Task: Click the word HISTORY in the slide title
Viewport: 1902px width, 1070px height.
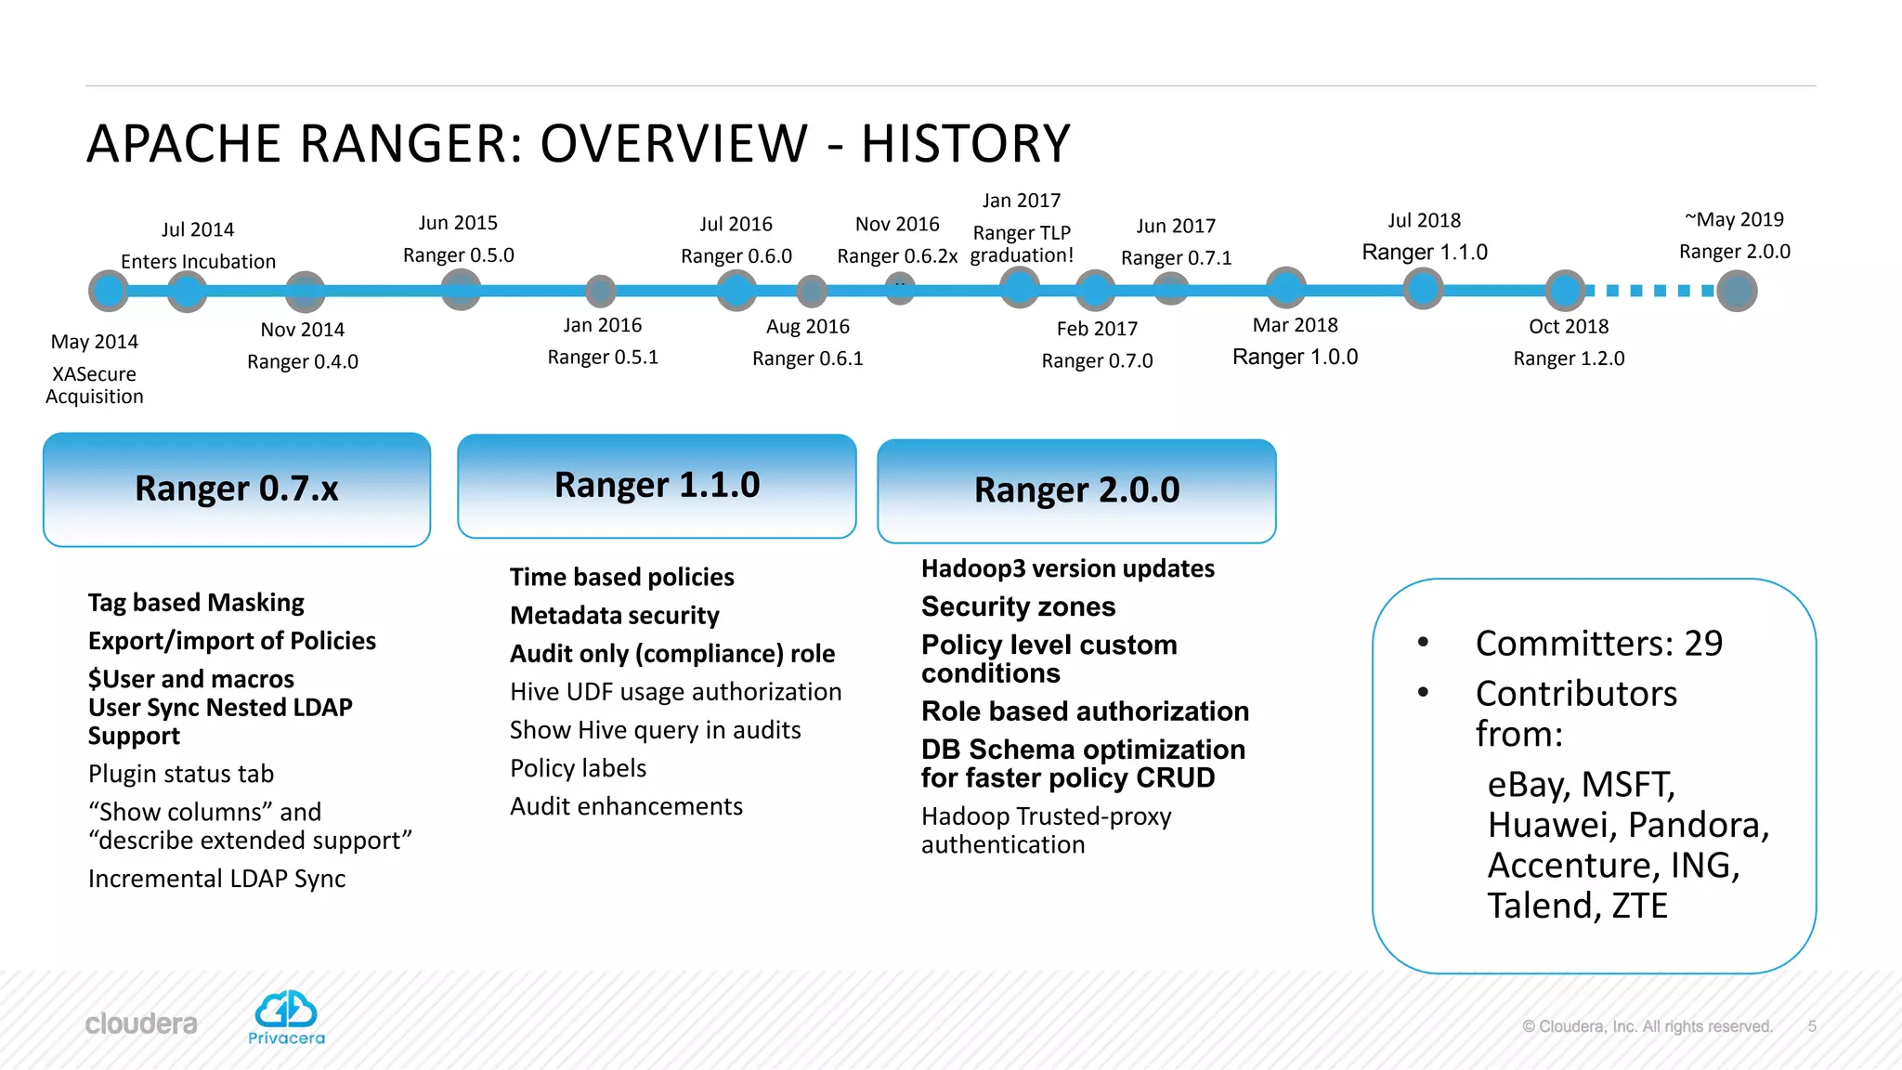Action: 965,144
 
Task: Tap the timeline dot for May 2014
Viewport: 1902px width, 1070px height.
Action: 109,291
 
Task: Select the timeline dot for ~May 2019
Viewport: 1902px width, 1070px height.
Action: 1736,291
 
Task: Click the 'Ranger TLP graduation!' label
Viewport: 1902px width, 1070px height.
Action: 1022,243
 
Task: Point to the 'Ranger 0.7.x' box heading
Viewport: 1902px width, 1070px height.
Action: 237,489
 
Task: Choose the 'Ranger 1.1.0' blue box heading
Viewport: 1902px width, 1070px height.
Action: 657,485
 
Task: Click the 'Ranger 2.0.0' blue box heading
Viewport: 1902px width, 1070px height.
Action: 1076,490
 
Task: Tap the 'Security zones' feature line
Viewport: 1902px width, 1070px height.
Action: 1018,607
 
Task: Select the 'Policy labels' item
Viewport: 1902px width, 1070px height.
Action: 578,768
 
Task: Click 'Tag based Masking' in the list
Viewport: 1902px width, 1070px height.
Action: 196,603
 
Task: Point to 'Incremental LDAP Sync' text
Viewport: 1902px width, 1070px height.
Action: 216,879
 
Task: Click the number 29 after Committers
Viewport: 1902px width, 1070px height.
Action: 1703,643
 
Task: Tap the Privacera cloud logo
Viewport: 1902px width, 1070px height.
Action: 286,1010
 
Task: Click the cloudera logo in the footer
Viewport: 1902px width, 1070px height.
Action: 141,1024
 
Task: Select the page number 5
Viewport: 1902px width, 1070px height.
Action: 1811,1026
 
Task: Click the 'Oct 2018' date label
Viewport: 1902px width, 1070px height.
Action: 1568,326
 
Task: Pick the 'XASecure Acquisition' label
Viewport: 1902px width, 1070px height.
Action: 94,385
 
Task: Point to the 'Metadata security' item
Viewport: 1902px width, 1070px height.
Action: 614,615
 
